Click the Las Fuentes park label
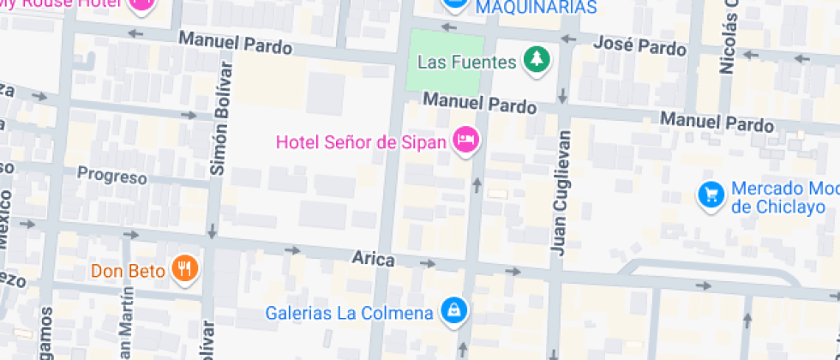[466, 62]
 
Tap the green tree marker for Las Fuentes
[537, 61]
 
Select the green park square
[445, 62]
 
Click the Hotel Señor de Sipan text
[361, 141]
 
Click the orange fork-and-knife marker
[184, 270]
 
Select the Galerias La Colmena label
[349, 313]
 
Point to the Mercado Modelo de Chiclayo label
[783, 198]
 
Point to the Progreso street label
[112, 176]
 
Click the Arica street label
[373, 258]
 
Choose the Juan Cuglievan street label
[561, 193]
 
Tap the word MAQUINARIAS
[536, 8]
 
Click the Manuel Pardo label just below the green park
[480, 104]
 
